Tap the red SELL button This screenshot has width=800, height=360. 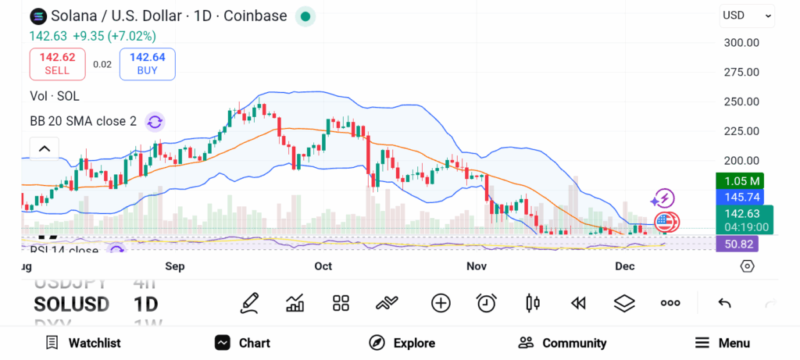click(57, 63)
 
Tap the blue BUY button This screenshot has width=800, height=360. click(147, 63)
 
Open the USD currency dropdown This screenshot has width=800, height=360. click(747, 15)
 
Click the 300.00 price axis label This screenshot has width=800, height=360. click(741, 43)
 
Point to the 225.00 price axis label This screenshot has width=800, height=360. click(741, 131)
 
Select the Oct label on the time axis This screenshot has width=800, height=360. click(323, 266)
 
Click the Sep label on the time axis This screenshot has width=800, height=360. click(175, 266)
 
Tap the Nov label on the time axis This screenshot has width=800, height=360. click(477, 266)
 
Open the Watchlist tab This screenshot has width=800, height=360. click(84, 343)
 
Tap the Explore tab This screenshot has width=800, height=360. click(402, 343)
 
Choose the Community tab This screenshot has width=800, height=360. click(562, 343)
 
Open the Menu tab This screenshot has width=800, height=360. click(723, 343)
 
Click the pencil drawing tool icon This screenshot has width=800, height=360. click(250, 303)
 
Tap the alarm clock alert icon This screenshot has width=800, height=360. click(487, 303)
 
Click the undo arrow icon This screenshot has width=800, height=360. click(724, 303)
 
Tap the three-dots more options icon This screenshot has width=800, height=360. click(670, 303)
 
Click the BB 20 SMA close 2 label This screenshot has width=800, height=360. click(84, 121)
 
